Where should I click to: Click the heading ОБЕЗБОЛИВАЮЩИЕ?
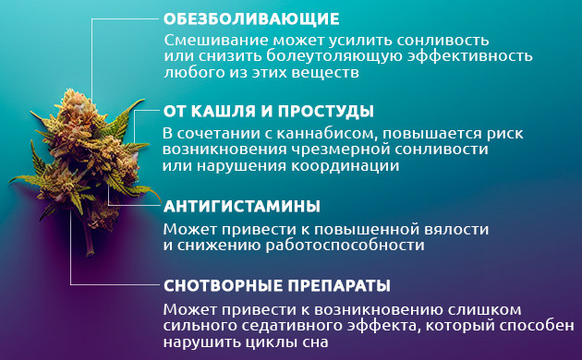(251, 18)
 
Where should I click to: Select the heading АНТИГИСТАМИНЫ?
(241, 205)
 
